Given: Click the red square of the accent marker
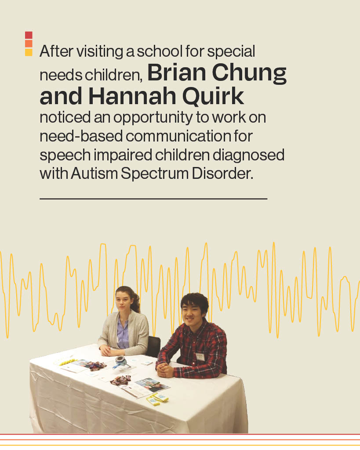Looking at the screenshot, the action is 29,35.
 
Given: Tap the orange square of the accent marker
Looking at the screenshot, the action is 29,44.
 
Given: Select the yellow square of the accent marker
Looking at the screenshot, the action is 29,52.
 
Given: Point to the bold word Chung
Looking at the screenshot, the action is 249,74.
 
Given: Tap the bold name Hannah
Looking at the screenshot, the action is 132,96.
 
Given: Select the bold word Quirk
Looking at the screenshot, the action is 213,97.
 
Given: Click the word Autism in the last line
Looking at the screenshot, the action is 94,173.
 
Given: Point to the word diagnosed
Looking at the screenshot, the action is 248,156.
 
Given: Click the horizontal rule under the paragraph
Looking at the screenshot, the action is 153,199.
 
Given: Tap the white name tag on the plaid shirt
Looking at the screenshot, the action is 200,357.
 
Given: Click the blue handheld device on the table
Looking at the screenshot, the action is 121,362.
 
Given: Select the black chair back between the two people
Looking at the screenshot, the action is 153,346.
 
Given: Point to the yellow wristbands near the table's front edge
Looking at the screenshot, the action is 157,399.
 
